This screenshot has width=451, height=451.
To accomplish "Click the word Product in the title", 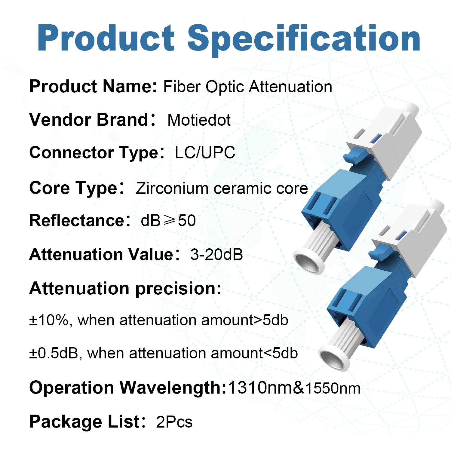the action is tap(106, 38).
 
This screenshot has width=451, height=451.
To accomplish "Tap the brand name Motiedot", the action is tap(199, 120).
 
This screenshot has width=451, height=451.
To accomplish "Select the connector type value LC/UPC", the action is tap(205, 152).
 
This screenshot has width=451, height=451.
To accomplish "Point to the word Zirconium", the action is tap(172, 189).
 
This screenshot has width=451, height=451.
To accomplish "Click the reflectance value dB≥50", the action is tap(168, 221).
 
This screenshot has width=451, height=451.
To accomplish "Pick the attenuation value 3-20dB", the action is tap(216, 254).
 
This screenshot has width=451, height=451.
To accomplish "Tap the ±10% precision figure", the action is tap(49, 320).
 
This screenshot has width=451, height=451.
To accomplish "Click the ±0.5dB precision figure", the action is tap(54, 353).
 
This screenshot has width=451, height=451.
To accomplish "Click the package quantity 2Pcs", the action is tap(174, 422).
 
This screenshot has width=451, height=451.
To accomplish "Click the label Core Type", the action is tap(73, 188).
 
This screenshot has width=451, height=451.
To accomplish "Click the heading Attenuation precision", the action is tap(125, 289).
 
